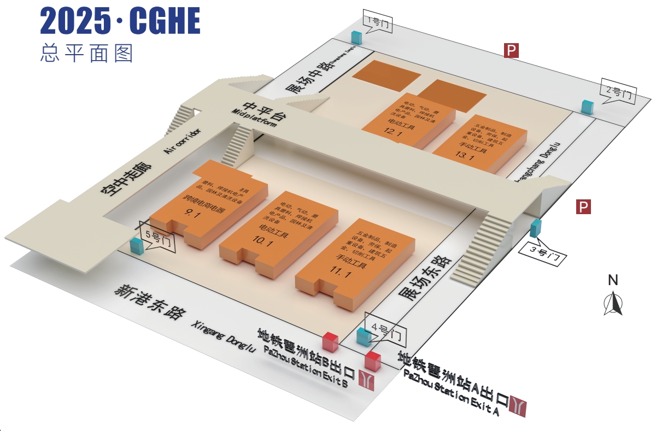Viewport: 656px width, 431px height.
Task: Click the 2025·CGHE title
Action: click(120, 22)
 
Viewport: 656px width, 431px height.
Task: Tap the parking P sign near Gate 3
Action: click(584, 207)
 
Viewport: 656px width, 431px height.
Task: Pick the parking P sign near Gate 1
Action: click(511, 51)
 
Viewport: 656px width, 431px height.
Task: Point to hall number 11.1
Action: click(340, 273)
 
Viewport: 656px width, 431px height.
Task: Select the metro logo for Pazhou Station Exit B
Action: click(366, 380)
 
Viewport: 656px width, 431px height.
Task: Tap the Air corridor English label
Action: click(183, 141)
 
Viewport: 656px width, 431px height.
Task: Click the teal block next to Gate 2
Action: click(588, 107)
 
